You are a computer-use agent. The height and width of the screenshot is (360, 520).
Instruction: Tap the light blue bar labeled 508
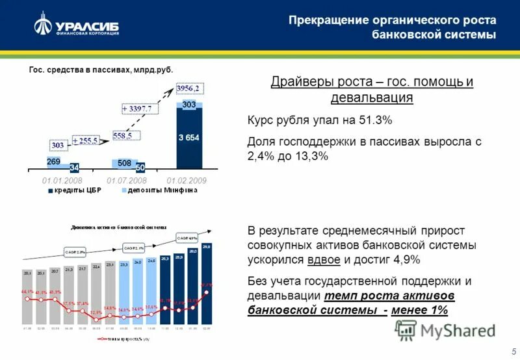[x=124, y=164]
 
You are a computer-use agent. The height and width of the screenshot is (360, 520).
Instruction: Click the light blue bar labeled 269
[x=54, y=162]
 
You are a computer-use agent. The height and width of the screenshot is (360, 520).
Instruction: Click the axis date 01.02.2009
[x=186, y=179]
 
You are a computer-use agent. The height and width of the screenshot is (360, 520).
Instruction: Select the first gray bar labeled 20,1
[x=27, y=296]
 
